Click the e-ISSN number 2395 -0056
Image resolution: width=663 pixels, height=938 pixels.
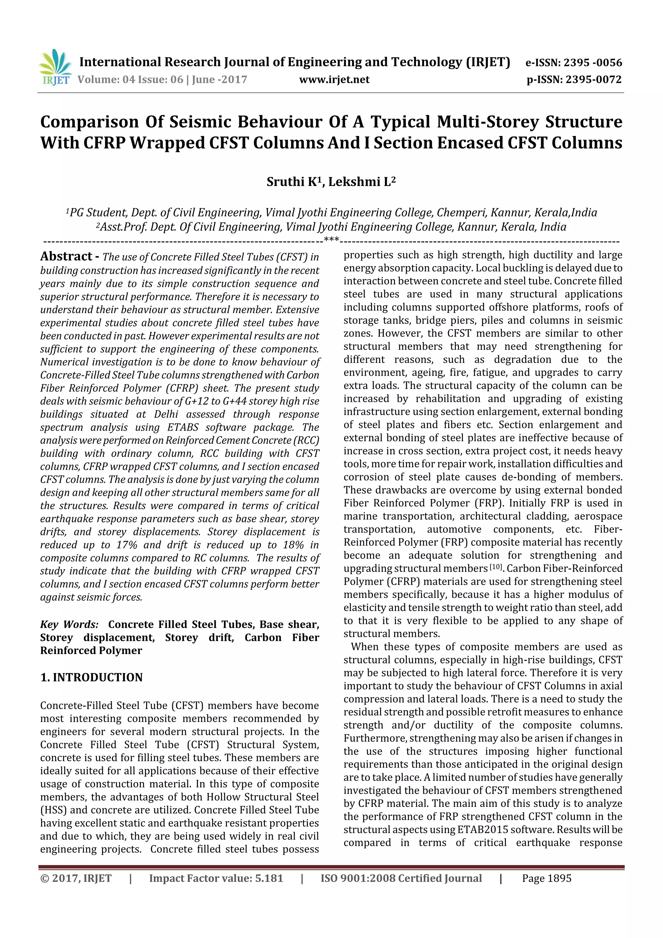pyautogui.click(x=592, y=62)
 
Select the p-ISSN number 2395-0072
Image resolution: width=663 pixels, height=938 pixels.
pyautogui.click(x=593, y=79)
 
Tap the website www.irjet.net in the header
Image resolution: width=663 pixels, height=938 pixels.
pyautogui.click(x=334, y=79)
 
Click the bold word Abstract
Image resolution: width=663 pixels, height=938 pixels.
pyautogui.click(x=66, y=256)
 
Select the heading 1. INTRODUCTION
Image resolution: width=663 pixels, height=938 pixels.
pyautogui.click(x=92, y=677)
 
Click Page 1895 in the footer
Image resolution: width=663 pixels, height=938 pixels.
pyautogui.click(x=546, y=878)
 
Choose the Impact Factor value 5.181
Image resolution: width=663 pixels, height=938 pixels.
pyautogui.click(x=269, y=878)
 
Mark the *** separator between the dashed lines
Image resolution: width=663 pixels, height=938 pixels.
pyautogui.click(x=331, y=239)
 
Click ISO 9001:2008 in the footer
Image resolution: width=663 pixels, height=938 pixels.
pyautogui.click(x=357, y=878)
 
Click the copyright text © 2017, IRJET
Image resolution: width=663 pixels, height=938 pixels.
pyautogui.click(x=76, y=878)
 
